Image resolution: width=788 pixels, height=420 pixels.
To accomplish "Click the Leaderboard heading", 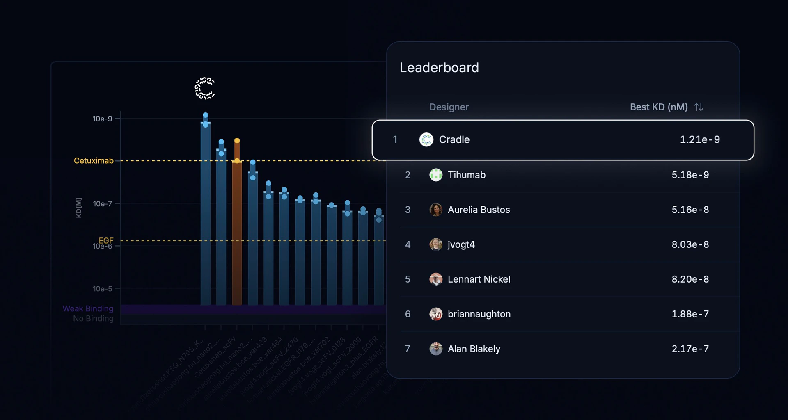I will [x=439, y=68].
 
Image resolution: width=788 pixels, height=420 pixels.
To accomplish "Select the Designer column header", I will [x=449, y=107].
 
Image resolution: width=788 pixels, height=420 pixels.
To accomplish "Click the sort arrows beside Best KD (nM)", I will [x=699, y=107].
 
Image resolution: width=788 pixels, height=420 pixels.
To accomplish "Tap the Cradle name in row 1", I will [x=454, y=140].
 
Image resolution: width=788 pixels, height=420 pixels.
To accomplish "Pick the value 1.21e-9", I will [x=700, y=140].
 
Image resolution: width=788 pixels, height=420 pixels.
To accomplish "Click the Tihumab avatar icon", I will [x=436, y=175].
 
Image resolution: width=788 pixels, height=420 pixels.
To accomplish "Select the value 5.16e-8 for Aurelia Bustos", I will [x=690, y=210].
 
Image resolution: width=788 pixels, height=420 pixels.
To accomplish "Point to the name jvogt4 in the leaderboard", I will [x=461, y=245].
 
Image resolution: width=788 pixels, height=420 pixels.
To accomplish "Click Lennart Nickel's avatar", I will [x=436, y=279].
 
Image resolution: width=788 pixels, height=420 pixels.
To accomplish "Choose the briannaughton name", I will [x=479, y=314].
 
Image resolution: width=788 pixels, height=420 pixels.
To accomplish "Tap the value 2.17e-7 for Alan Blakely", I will [x=690, y=349].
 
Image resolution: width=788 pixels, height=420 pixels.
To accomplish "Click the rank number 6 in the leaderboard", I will [x=408, y=314].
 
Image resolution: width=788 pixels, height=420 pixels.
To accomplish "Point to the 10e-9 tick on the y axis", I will [x=102, y=119].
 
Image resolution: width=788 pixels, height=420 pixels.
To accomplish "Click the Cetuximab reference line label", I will [x=94, y=161].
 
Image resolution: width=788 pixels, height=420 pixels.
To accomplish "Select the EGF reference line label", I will [x=106, y=240].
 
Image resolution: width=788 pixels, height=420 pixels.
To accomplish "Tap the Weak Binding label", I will [x=88, y=309].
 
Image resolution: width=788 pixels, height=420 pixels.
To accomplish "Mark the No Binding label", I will [x=93, y=319].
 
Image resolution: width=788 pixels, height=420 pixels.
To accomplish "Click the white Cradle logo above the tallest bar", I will [x=204, y=88].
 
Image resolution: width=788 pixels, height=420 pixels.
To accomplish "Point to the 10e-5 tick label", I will [x=102, y=289].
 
